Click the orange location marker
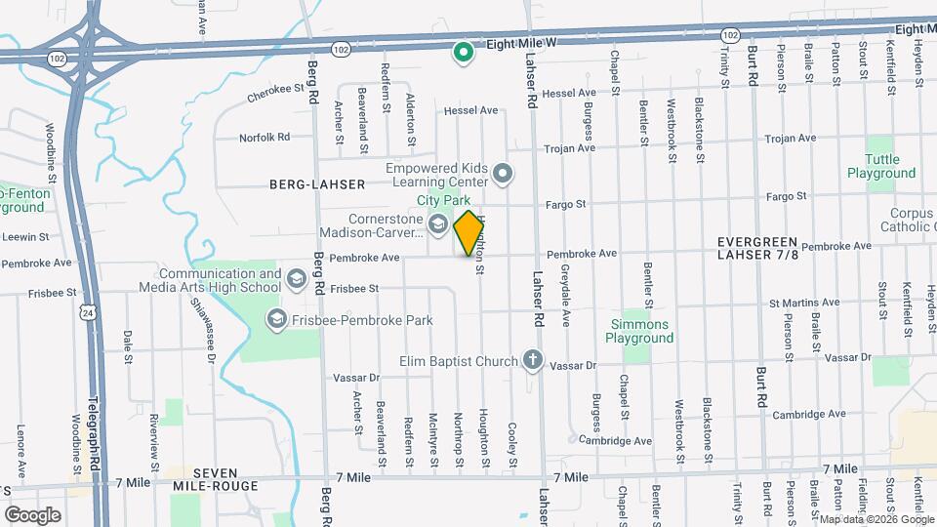[x=469, y=233]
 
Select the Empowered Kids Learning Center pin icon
[x=503, y=175]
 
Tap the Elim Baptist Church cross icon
[x=532, y=361]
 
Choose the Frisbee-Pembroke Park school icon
[x=276, y=319]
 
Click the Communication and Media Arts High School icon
[x=295, y=281]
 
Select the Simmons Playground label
[x=639, y=331]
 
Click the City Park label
[x=444, y=200]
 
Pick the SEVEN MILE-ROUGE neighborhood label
[x=215, y=479]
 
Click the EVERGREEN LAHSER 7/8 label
[x=757, y=248]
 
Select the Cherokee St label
[x=269, y=89]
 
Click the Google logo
[x=33, y=514]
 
